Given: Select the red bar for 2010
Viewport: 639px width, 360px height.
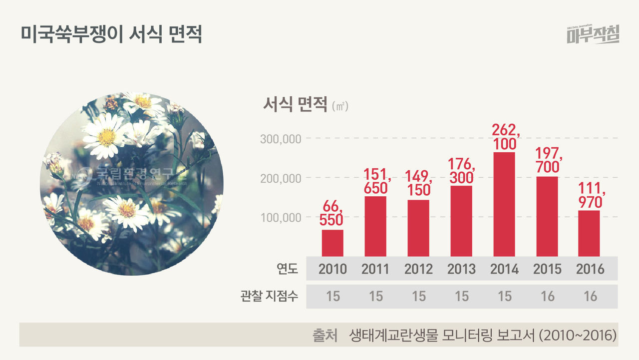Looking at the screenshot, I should pos(332,243).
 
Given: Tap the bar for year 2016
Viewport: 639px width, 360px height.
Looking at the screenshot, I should pos(589,233).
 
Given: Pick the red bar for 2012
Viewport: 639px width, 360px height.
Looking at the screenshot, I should pos(418,228).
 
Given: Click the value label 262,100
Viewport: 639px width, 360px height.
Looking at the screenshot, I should pos(506,137).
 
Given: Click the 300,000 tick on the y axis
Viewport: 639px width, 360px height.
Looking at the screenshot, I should pos(281,139).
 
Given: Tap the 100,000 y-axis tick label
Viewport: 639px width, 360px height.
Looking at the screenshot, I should pos(281,218).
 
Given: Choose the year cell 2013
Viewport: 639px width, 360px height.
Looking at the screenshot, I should pos(461,269).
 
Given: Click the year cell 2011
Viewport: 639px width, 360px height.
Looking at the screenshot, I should pos(375,269).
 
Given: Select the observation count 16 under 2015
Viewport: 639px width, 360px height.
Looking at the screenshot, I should pos(547,296).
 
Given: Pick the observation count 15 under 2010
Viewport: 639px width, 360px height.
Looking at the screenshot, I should pos(332,296).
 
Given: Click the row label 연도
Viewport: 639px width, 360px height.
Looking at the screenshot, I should pos(287,269).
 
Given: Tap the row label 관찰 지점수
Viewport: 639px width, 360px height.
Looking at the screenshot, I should pos(269,296).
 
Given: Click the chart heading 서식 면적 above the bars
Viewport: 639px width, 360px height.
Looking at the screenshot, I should pos(294,105).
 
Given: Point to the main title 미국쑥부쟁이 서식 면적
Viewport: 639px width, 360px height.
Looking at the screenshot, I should pos(111,35).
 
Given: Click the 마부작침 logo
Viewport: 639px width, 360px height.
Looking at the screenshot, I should pos(593,35).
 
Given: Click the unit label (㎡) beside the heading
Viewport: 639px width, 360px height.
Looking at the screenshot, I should pos(340,107).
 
